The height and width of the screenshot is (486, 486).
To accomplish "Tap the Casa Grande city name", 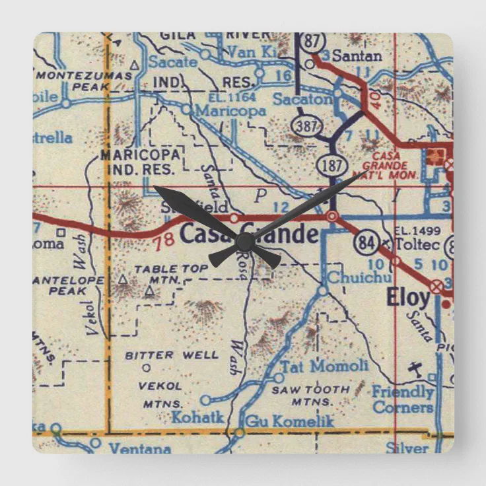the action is (x=249, y=234).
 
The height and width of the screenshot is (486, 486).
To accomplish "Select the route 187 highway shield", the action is (x=330, y=164).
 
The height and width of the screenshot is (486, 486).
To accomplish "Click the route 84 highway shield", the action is (x=365, y=243).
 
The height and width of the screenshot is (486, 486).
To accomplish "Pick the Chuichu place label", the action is (x=359, y=277).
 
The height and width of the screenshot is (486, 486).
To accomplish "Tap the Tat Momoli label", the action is (x=325, y=366).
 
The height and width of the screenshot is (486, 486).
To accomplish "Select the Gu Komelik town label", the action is (x=290, y=421).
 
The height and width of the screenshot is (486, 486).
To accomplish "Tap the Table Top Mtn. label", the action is (x=161, y=274).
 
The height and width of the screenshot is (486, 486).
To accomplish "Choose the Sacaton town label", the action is (x=302, y=100).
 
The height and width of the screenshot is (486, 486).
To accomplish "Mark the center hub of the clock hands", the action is (x=244, y=242).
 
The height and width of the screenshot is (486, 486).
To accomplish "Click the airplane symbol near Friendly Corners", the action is (x=415, y=368).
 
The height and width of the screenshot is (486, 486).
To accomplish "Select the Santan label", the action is (x=357, y=56).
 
